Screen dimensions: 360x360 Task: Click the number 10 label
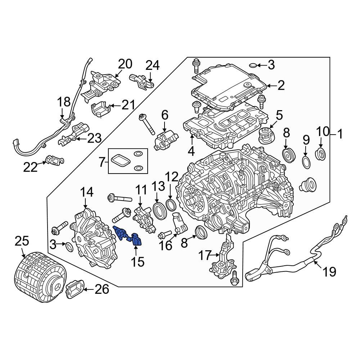pos(323,131)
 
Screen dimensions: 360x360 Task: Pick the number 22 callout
pos(31,167)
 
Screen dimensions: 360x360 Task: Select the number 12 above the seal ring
pos(172,177)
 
